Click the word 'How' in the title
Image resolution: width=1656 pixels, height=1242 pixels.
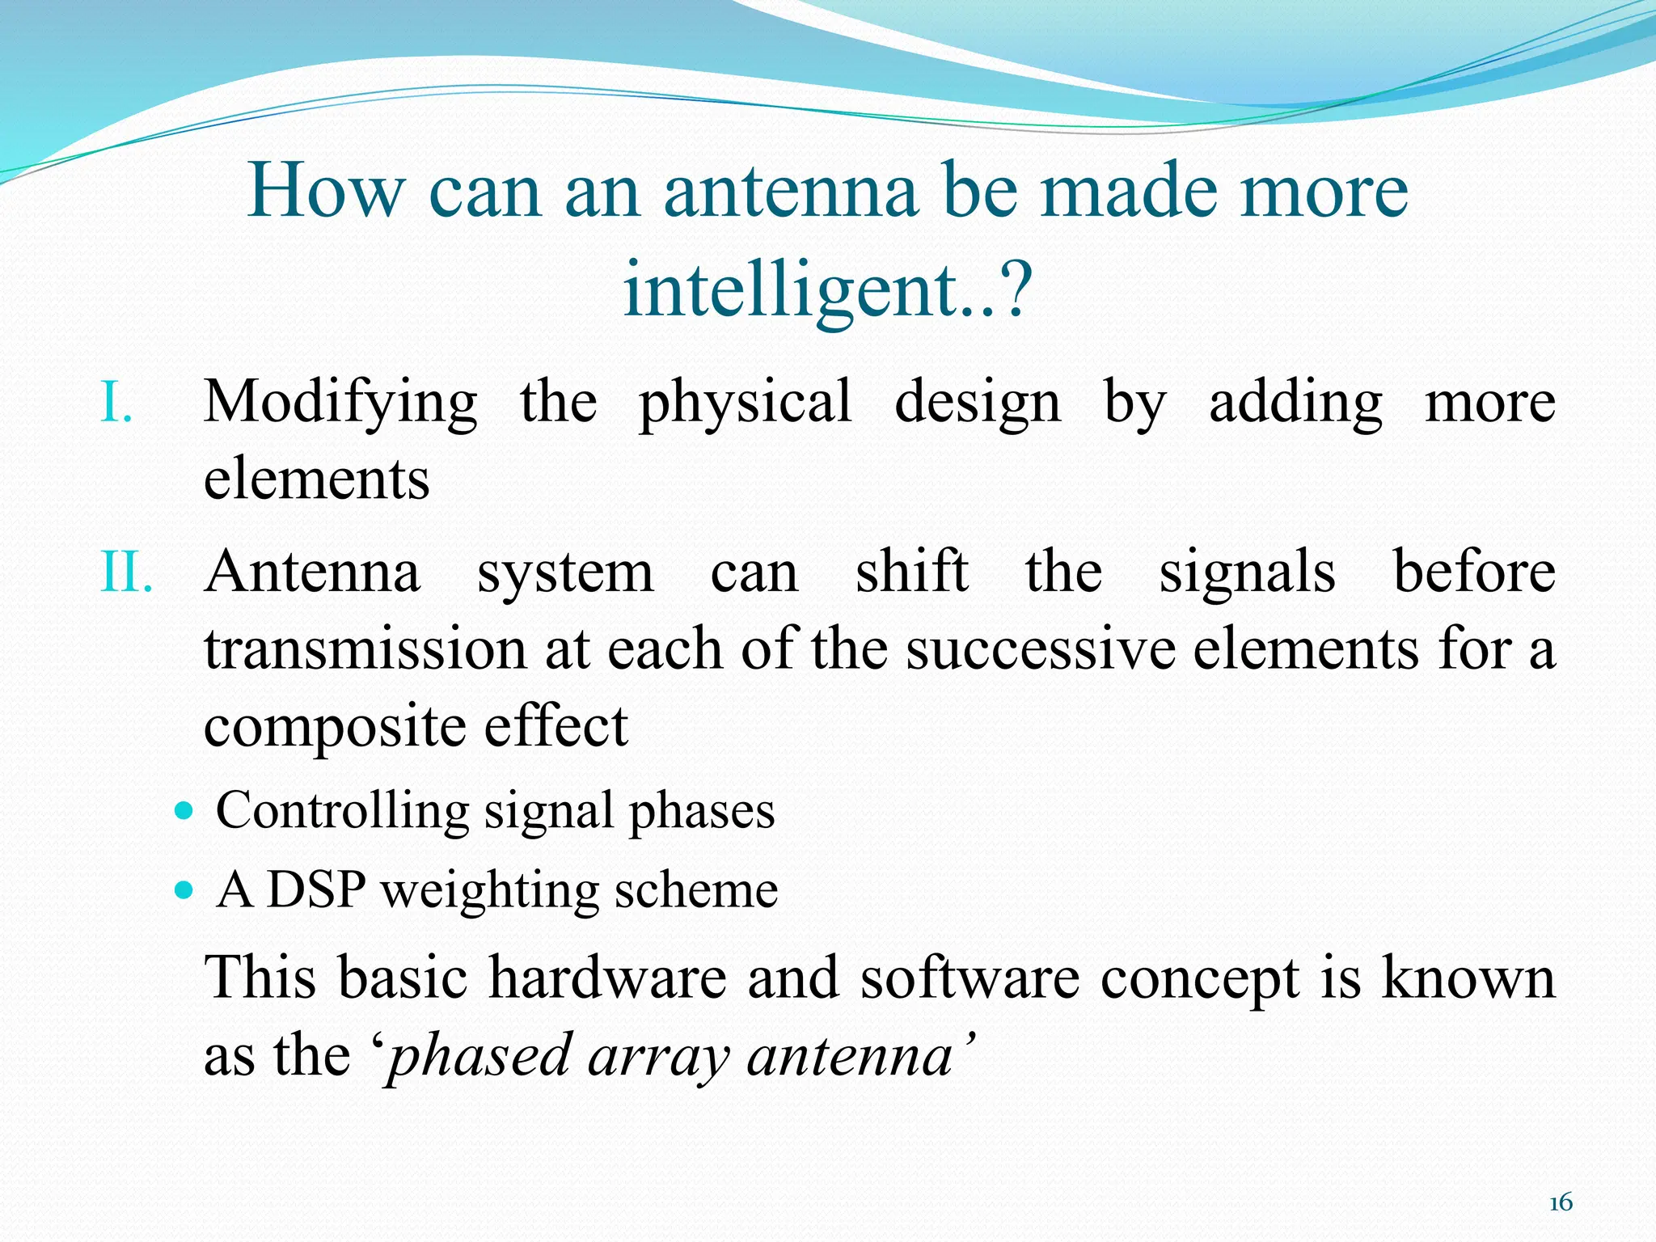[x=325, y=191]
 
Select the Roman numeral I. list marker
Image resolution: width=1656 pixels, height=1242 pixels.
[x=116, y=402]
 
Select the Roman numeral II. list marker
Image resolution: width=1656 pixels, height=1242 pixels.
[x=126, y=572]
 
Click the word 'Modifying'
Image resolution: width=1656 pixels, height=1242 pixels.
[x=340, y=403]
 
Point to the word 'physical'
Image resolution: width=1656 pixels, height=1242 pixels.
[x=745, y=403]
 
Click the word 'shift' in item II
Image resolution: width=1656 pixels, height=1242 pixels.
[x=911, y=572]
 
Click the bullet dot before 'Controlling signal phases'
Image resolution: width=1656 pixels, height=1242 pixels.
[x=185, y=810]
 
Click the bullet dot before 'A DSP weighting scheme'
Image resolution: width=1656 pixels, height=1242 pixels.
[x=185, y=891]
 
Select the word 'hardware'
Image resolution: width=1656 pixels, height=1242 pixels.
[x=608, y=978]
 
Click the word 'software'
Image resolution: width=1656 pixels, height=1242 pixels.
[x=969, y=978]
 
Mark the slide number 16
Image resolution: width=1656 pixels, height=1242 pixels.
[x=1560, y=1203]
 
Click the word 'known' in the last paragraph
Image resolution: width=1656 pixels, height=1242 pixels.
[x=1468, y=978]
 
